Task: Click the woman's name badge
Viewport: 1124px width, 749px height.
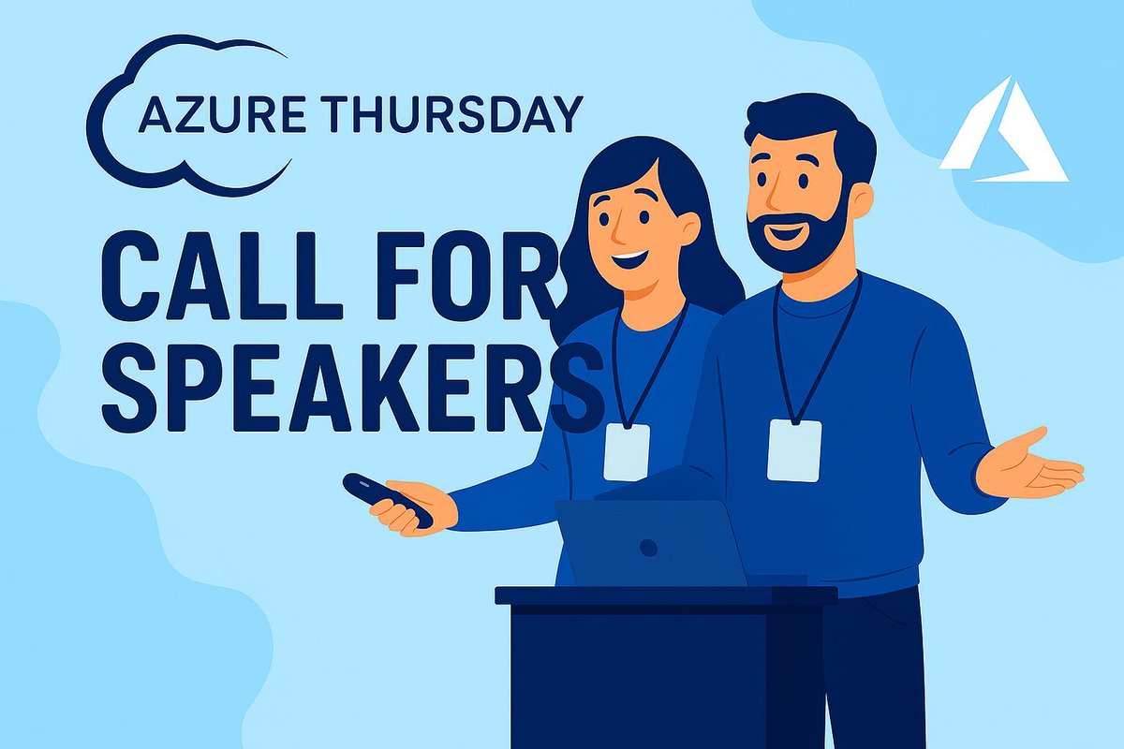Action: [x=627, y=450]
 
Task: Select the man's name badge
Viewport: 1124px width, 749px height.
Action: [x=794, y=449]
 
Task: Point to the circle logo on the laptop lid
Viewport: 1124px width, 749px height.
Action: [x=647, y=548]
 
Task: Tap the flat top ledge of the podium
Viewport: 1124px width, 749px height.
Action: [x=665, y=595]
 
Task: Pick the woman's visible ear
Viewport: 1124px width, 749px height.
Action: [x=689, y=228]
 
